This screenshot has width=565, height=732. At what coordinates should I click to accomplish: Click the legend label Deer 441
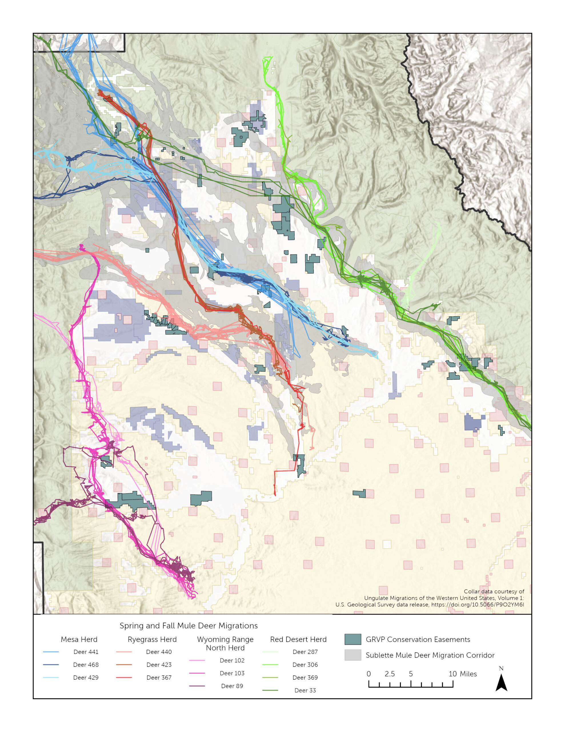(86, 652)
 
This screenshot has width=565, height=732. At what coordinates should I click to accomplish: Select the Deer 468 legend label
(86, 665)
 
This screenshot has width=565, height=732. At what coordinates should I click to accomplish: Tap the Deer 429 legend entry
(86, 677)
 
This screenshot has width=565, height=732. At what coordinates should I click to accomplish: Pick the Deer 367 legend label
(159, 677)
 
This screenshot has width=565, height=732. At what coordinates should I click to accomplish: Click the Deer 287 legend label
(305, 652)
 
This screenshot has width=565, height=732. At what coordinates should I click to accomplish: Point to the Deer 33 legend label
(305, 690)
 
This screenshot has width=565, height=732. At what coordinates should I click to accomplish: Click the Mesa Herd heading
(79, 639)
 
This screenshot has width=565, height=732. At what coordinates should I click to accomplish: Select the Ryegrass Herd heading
(152, 639)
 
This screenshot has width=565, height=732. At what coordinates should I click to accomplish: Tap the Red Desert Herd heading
(298, 639)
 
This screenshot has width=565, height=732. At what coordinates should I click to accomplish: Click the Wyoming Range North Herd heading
(225, 644)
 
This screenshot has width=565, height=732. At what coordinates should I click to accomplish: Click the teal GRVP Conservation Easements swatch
(353, 639)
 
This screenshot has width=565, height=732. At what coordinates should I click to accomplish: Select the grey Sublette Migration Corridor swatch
(353, 655)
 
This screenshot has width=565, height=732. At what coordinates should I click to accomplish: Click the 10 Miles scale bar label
(462, 674)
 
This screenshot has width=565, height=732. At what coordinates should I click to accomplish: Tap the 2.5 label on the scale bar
(390, 674)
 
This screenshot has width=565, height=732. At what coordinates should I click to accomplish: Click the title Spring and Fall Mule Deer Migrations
(189, 626)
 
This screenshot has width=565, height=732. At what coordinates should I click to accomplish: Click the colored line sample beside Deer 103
(197, 673)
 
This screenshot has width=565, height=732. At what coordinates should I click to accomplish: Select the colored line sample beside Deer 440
(124, 652)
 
